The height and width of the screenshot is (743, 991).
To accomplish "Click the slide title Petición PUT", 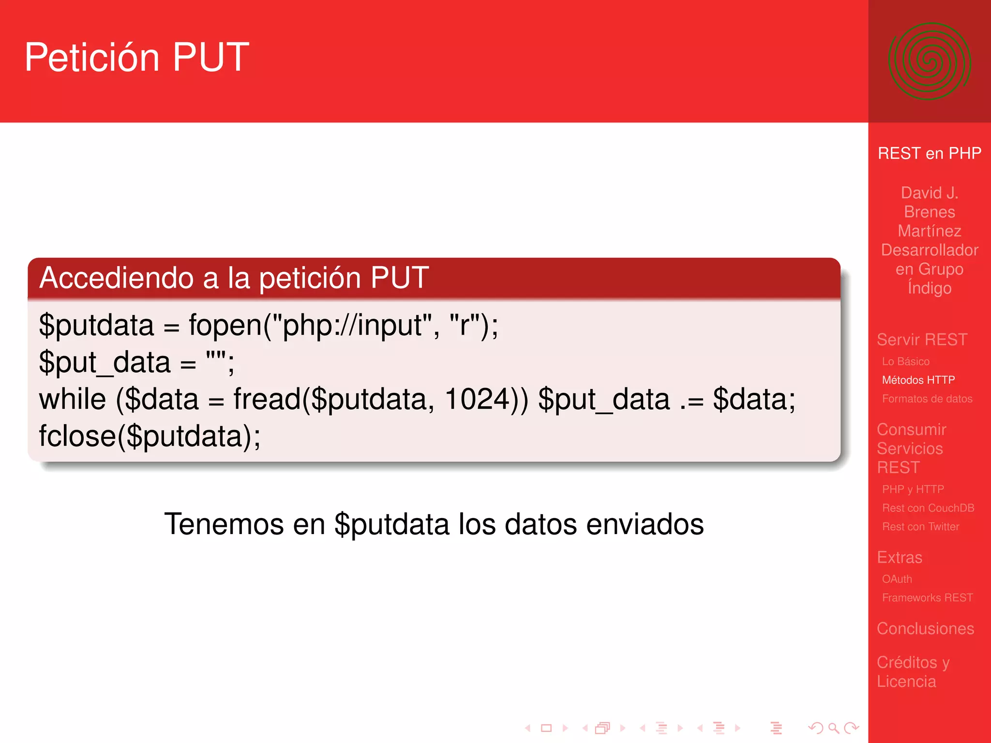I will [137, 57].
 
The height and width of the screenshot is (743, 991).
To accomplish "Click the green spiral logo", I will [929, 61].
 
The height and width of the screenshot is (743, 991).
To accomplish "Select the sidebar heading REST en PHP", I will [929, 153].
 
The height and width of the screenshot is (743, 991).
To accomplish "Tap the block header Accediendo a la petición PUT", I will [234, 278].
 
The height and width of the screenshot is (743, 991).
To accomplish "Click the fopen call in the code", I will [225, 325].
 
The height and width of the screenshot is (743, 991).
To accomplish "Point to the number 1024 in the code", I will [477, 400].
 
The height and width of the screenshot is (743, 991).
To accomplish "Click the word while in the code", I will [73, 400].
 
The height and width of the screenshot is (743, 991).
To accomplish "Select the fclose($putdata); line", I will [150, 436].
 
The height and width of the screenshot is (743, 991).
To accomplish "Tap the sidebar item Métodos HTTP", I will [918, 380].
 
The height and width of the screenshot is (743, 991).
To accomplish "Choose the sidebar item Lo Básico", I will [905, 362].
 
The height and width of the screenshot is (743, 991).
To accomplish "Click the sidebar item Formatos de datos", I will [927, 399].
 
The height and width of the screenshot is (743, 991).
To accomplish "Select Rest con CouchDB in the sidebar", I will [928, 508].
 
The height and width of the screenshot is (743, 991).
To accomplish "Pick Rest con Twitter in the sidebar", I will [920, 527].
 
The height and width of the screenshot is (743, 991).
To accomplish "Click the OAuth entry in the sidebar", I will [897, 579].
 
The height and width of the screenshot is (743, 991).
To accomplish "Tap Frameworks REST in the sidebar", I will [927, 598].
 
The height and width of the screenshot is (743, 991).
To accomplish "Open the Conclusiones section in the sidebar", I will [925, 628].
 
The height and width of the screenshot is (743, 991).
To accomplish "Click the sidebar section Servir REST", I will [922, 340].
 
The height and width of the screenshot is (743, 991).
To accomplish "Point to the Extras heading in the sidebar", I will [900, 557].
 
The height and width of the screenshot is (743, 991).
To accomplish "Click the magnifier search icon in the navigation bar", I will [833, 728].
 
